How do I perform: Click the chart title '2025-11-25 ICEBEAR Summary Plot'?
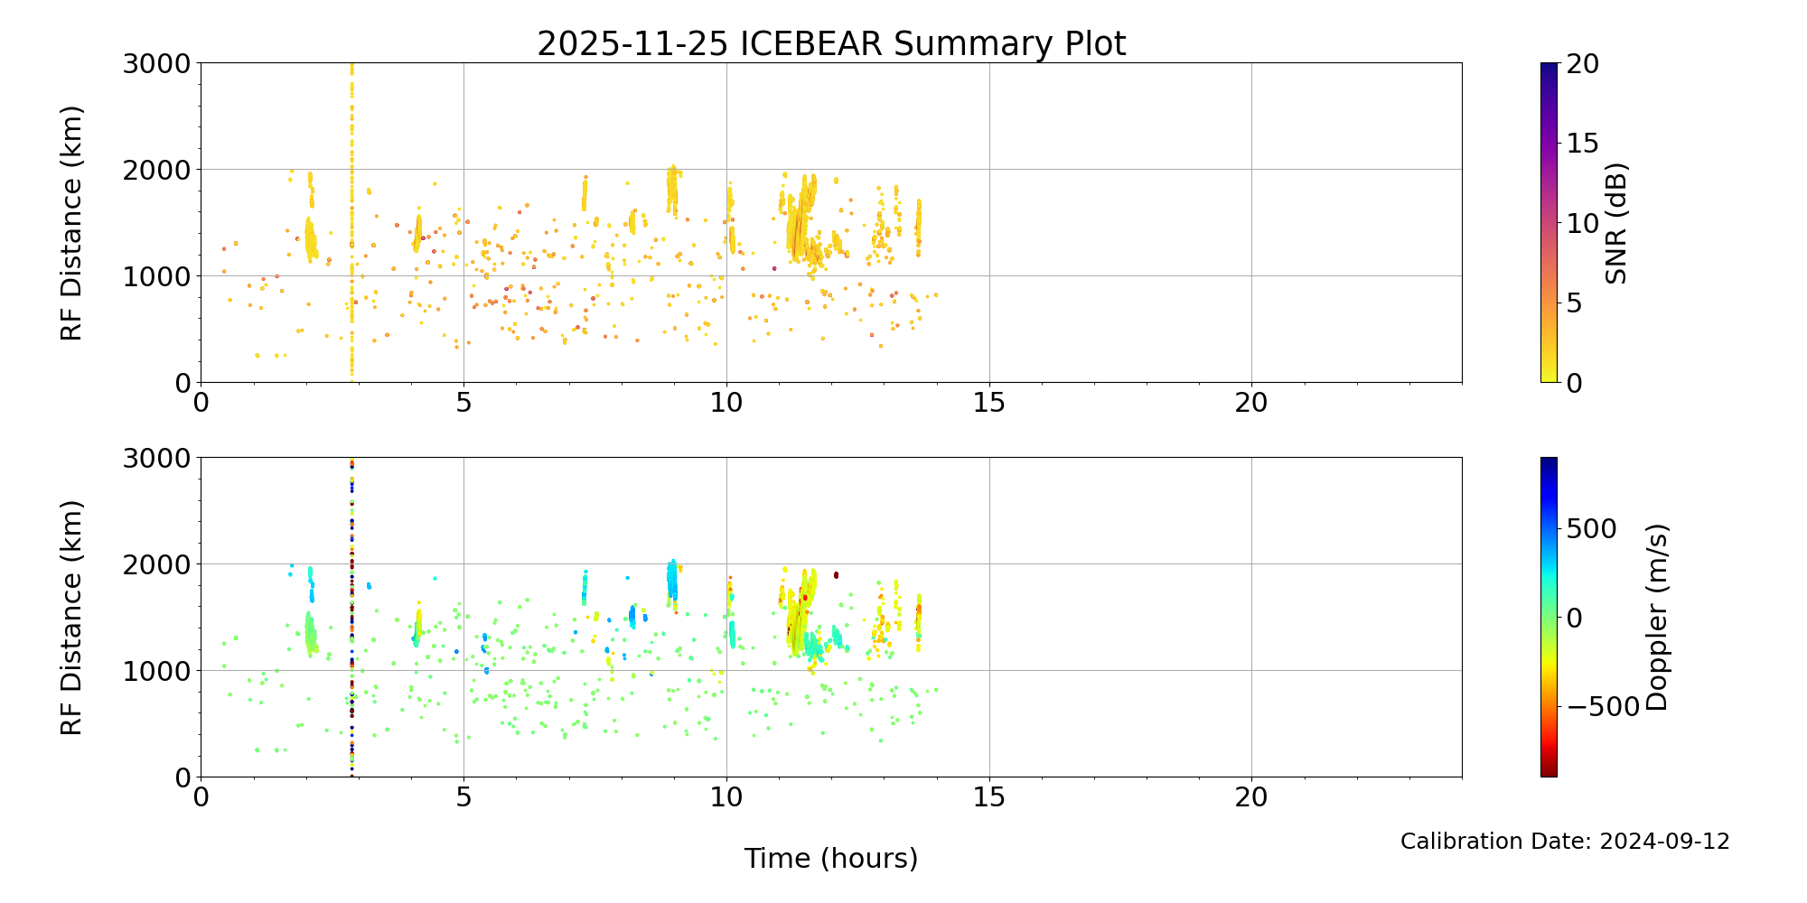pyautogui.click(x=831, y=43)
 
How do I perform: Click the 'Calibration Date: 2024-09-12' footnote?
pyautogui.click(x=1565, y=842)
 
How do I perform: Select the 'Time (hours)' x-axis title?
pyautogui.click(x=831, y=859)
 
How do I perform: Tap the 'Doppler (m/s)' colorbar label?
pyautogui.click(x=1657, y=618)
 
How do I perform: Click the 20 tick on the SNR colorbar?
pyautogui.click(x=1582, y=64)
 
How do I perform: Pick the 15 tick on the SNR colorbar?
pyautogui.click(x=1582, y=144)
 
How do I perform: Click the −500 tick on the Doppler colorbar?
pyautogui.click(x=1602, y=706)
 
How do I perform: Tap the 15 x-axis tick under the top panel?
pyautogui.click(x=989, y=403)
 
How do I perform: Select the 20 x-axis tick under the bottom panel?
pyautogui.click(x=1251, y=797)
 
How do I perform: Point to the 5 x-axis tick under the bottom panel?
pyautogui.click(x=463, y=797)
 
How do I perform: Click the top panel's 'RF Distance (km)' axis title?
pyautogui.click(x=72, y=223)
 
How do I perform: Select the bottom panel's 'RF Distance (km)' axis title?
pyautogui.click(x=72, y=618)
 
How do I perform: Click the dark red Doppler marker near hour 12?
pyautogui.click(x=836, y=574)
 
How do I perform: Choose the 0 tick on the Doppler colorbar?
pyautogui.click(x=1574, y=618)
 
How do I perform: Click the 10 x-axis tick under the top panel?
pyautogui.click(x=726, y=403)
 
